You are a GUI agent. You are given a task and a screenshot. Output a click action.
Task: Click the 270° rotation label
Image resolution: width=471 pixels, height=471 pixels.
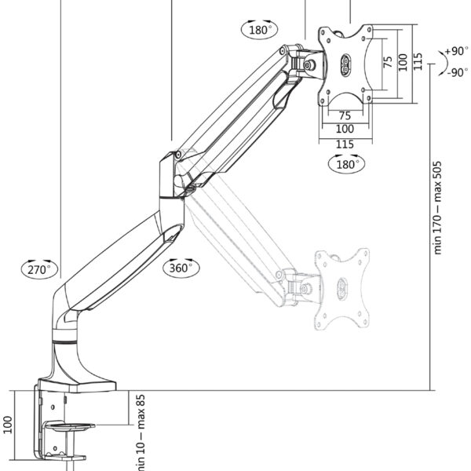coord(39,268)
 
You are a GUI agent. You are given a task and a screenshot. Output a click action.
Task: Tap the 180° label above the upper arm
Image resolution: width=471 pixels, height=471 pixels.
coord(260,30)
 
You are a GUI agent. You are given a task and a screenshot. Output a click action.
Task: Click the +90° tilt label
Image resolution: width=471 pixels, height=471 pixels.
coord(455,51)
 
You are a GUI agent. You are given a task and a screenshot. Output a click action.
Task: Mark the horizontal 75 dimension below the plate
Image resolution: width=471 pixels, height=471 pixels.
coord(345,115)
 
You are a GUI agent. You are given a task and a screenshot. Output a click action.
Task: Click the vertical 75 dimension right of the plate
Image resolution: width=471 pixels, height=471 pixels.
coord(387,64)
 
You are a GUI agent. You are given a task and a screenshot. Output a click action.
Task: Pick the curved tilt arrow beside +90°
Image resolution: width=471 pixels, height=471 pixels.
coord(437,61)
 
